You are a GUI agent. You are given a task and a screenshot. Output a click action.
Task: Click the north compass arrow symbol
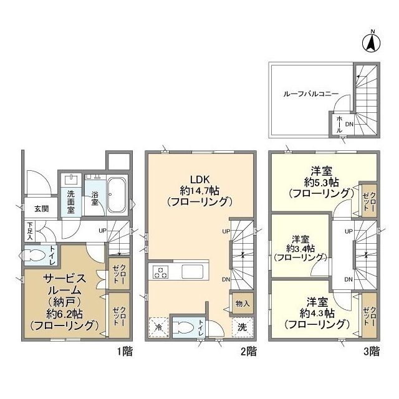371,42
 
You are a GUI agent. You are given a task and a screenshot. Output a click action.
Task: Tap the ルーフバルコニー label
310,94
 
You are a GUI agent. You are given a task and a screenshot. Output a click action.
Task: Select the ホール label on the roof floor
339,125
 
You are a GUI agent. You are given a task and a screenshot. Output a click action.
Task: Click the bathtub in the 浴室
117,195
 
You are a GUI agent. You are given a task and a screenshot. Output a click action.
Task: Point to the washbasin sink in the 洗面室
71,179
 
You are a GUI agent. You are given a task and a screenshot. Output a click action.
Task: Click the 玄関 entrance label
42,209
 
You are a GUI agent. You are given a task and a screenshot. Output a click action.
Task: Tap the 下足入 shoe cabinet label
30,231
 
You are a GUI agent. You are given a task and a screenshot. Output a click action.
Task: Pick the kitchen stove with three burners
160,272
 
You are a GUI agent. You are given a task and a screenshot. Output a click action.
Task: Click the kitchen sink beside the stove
192,272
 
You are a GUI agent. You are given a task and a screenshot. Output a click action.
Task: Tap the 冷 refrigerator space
158,327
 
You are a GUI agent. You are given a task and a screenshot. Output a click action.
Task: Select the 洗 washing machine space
243,327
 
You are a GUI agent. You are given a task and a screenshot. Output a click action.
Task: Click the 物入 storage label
243,304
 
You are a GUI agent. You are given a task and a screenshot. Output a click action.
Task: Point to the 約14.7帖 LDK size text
199,191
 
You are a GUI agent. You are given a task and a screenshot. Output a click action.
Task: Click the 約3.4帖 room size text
300,248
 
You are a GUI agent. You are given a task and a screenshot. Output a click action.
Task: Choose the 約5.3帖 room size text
321,182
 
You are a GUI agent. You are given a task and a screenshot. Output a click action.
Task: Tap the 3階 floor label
372,352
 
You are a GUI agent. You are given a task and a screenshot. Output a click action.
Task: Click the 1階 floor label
125,352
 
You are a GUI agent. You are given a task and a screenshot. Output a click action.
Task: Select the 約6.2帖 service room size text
64,314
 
